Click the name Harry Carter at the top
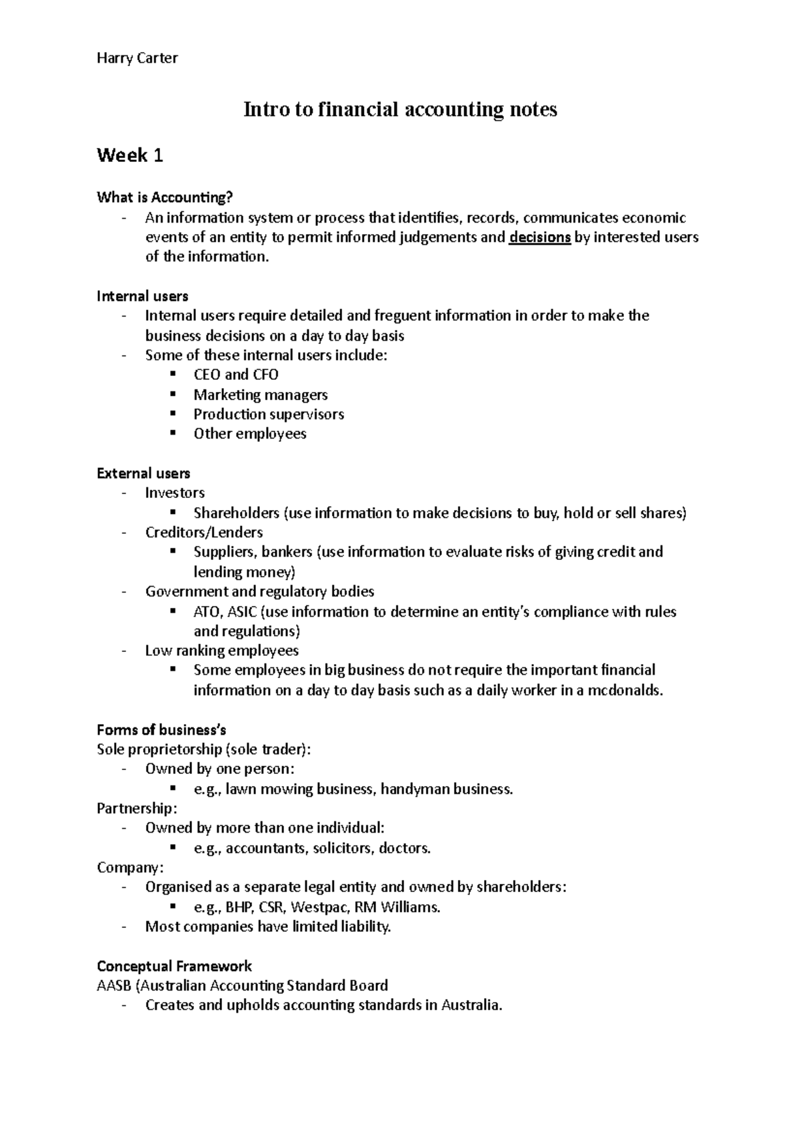(137, 58)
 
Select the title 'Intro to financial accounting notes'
(400, 109)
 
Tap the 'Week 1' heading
(130, 156)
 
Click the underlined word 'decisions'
(539, 237)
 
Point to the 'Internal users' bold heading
(142, 296)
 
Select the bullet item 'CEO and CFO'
(235, 375)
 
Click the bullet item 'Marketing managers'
(260, 395)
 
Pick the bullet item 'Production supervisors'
(269, 414)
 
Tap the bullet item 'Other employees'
(249, 434)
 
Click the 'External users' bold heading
(143, 473)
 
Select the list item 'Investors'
(175, 493)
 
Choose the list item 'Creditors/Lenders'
(203, 533)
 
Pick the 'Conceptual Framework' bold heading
(174, 966)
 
